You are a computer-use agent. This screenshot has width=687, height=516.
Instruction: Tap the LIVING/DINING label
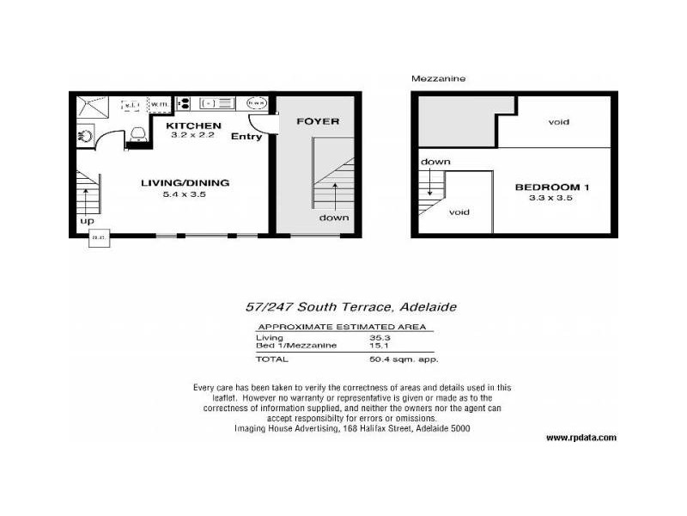(x=185, y=182)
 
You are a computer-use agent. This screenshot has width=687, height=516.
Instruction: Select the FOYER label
(x=318, y=121)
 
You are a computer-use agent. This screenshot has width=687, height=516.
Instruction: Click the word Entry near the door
(x=246, y=136)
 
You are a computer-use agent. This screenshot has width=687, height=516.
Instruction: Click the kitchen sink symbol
(x=217, y=103)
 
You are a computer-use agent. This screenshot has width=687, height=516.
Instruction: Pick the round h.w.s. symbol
(x=256, y=103)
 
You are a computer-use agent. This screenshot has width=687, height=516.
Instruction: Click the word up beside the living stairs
(x=86, y=221)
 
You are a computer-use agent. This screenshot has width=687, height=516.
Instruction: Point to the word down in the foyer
(x=334, y=217)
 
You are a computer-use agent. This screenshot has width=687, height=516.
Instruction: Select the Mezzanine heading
(x=438, y=78)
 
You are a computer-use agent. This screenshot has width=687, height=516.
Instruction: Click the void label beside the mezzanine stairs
(x=459, y=212)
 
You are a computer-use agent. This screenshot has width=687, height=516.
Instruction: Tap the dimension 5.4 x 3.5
(x=185, y=194)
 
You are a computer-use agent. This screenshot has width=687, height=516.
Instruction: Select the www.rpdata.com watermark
(x=581, y=437)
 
